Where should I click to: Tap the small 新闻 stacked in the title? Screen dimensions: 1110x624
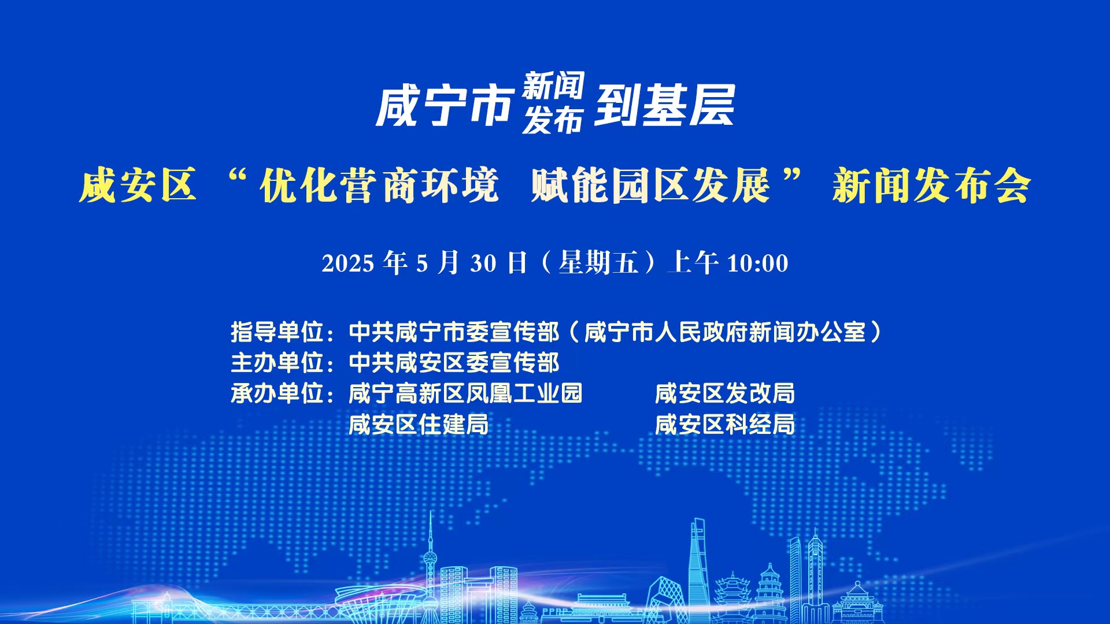pos(553,86)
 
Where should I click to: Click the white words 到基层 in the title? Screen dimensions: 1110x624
pos(665,105)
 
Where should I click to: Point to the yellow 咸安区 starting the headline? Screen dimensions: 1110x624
pos(138,185)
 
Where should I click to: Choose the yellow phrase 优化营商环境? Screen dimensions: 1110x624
pos(379,185)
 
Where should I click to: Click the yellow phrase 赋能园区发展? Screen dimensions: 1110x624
pos(650,185)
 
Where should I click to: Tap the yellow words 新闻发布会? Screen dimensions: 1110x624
pos(931,185)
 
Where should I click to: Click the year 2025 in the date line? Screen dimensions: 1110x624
pos(348,263)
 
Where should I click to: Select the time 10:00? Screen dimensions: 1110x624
pos(757,263)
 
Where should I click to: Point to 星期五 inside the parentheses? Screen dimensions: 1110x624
pos(598,263)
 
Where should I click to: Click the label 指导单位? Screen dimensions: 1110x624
pos(277,332)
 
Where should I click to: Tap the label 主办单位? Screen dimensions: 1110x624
pos(277,363)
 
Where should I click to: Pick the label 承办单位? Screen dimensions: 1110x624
pos(277,393)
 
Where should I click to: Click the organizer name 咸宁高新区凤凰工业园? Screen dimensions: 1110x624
pos(465,393)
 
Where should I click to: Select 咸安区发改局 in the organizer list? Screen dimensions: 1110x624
pos(725,393)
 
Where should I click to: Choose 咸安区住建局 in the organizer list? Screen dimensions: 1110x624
pos(419,425)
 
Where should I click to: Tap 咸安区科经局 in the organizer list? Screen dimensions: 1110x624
pos(725,425)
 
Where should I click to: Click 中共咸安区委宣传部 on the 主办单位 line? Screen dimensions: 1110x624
pos(454,363)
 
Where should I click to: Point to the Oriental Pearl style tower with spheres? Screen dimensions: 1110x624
pos(430,569)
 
